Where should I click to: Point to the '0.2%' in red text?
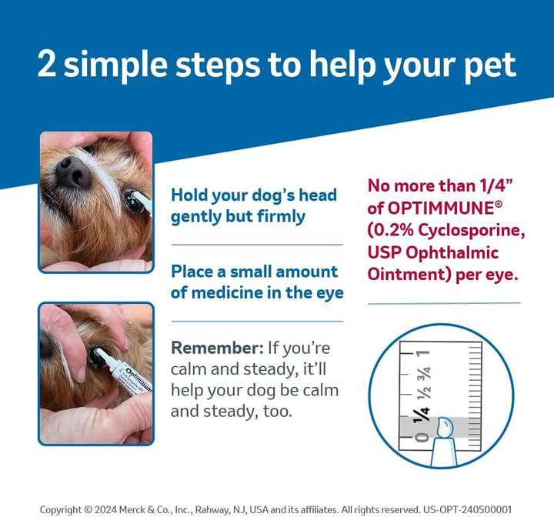tap(398, 230)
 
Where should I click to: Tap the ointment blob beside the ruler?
tap(447, 427)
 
